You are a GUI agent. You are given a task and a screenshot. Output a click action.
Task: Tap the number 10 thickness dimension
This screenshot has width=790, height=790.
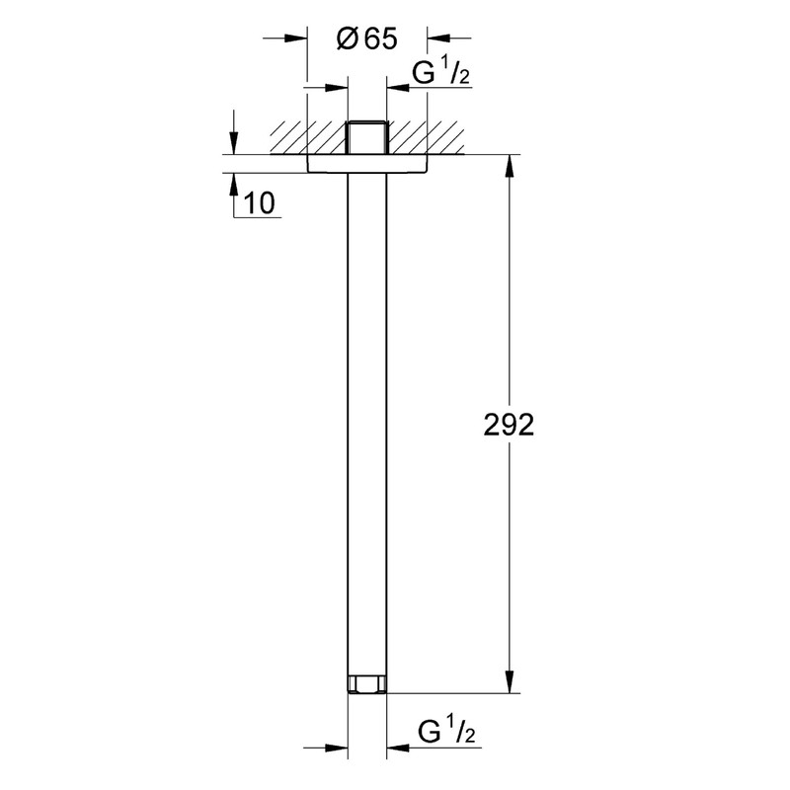pos(260,203)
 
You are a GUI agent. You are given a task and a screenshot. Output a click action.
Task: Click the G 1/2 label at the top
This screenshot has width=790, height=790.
pos(440,75)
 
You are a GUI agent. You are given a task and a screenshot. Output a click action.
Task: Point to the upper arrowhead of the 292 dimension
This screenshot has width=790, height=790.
pos(510,166)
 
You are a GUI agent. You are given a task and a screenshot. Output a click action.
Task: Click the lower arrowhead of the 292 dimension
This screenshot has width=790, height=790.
pos(510,682)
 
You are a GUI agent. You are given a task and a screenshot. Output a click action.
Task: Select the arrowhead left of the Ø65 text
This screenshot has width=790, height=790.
pos(296,39)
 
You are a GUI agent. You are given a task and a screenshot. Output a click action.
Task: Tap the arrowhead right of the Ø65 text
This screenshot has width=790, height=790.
pos(438,39)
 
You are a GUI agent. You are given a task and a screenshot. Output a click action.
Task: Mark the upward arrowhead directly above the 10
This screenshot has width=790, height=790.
pos(233,185)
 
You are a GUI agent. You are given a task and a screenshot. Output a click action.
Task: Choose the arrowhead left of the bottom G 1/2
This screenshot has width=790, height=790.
pos(338,748)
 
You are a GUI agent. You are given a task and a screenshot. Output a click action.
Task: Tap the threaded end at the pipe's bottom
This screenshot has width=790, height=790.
pos(366,684)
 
